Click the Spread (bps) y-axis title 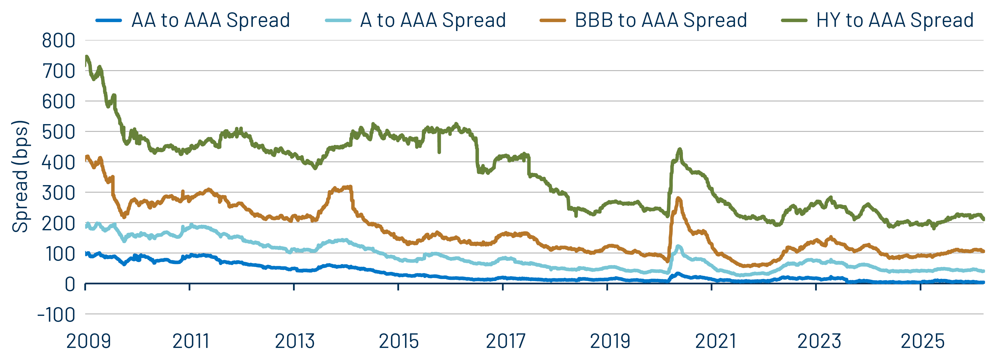(20, 176)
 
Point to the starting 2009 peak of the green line (87, 57)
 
